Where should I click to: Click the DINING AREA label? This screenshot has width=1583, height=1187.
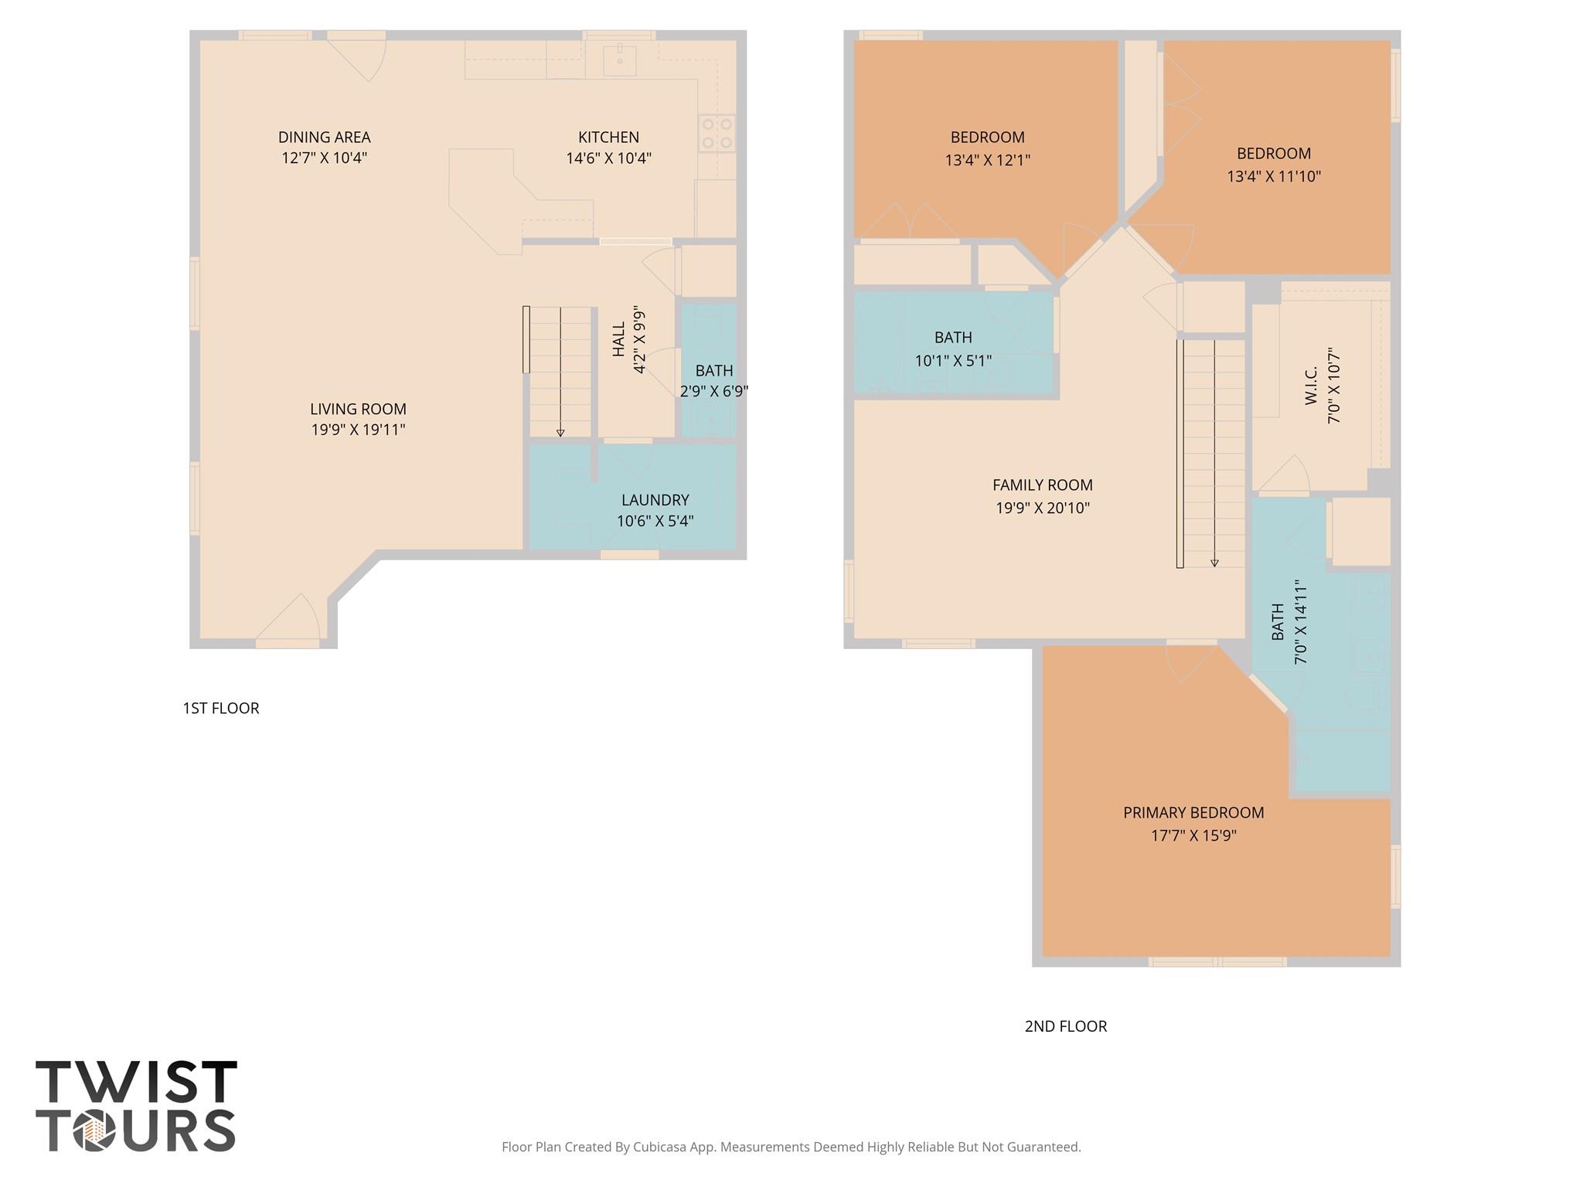click(x=324, y=138)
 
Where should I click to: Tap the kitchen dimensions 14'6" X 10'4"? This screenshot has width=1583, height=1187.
click(x=608, y=158)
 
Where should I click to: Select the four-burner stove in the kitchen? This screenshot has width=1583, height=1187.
click(x=717, y=134)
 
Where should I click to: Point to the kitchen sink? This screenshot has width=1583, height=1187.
click(x=620, y=60)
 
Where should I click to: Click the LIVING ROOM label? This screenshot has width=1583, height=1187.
click(x=358, y=409)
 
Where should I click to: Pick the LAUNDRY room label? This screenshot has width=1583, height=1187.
click(x=655, y=500)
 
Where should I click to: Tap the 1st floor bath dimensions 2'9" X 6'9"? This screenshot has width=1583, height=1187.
click(x=713, y=391)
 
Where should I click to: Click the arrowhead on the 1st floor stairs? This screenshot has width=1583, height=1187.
click(x=560, y=434)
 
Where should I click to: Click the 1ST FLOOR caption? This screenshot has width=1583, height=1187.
click(x=221, y=708)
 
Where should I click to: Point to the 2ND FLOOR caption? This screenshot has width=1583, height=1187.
click(x=1065, y=1026)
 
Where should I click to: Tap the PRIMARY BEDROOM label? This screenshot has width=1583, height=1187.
click(x=1193, y=812)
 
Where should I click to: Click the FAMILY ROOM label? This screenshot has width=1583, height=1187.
click(x=1042, y=485)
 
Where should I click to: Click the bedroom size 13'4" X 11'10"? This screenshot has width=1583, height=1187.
click(x=1273, y=176)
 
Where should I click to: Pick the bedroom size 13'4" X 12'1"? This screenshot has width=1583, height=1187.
click(x=987, y=160)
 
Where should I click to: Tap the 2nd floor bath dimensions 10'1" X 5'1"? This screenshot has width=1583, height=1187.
click(x=953, y=360)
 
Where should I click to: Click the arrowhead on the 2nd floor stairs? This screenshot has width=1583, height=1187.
click(x=1214, y=563)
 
